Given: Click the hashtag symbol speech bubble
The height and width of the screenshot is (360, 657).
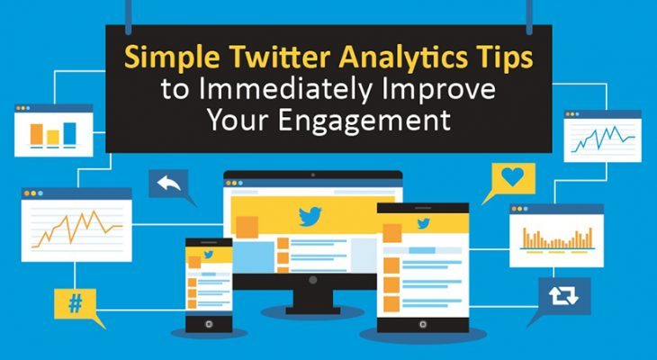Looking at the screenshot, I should (75, 304).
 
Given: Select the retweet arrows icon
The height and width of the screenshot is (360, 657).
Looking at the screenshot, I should (559, 292).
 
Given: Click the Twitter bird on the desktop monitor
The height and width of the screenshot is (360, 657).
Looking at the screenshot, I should (311, 216).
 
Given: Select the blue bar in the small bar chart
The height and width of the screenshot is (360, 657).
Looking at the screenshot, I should (69, 133).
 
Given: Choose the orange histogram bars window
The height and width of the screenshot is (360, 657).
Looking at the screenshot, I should (557, 238).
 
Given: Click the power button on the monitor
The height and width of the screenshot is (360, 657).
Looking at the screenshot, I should (312, 282).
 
